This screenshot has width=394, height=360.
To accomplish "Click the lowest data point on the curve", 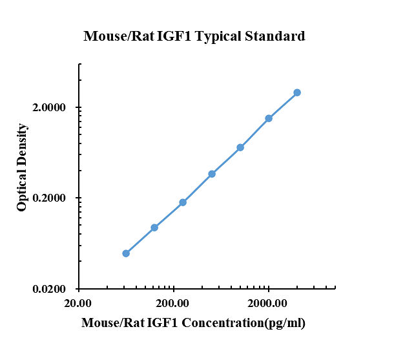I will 126,253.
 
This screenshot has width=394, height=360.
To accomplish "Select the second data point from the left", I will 154,228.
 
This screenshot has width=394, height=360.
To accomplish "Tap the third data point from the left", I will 183,202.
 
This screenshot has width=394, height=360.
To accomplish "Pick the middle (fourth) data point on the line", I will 212,174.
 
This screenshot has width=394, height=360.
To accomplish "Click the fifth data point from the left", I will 240,147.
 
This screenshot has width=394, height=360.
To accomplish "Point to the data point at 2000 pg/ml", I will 269,118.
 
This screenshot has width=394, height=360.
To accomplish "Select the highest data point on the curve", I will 297,92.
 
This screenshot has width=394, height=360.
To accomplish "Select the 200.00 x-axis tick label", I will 173,304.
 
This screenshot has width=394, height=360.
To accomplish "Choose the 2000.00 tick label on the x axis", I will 268,304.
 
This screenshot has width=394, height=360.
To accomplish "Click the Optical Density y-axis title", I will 23,167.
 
